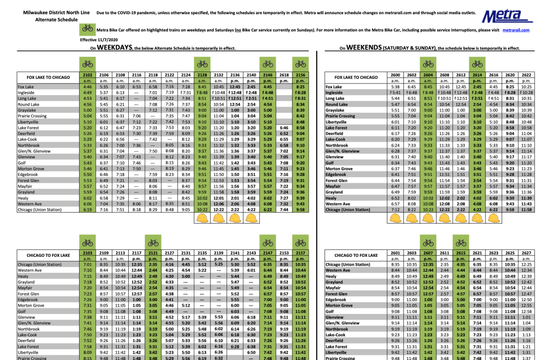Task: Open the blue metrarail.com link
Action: coord(516,30)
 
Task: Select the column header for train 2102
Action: coord(87,75)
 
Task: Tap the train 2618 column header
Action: coord(284,75)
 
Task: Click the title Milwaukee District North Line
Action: coord(56,12)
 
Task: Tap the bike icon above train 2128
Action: coord(202,64)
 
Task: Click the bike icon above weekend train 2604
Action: coord(428,64)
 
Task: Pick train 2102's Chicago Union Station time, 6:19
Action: coord(87,210)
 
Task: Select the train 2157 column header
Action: coord(300,253)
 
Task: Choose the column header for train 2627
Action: coord(526,253)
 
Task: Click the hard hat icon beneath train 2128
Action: coord(202,218)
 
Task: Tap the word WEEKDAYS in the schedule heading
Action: coord(115,48)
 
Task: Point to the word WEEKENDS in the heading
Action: coord(364,48)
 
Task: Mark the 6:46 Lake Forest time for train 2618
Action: coord(284,128)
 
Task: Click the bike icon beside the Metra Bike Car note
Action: coord(87,28)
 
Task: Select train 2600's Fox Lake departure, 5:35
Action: coord(395,87)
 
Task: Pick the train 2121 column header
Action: coord(153,253)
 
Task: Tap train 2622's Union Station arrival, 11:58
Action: coord(526,210)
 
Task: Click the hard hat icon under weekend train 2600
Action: coord(395,218)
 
